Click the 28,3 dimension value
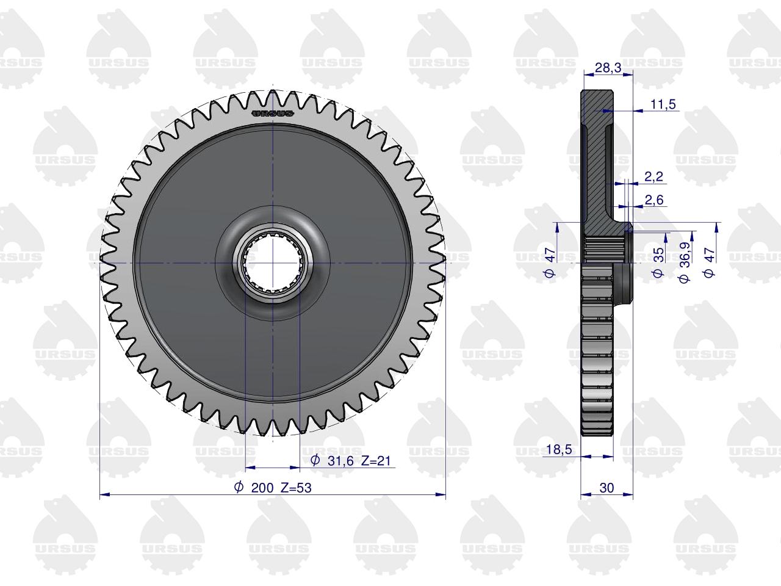(x=608, y=68)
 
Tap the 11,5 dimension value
(x=663, y=104)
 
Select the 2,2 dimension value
(x=654, y=176)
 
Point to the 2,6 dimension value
(x=654, y=200)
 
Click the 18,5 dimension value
(x=559, y=449)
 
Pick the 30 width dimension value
(x=606, y=488)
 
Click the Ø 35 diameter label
(x=658, y=262)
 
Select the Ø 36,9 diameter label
(x=684, y=262)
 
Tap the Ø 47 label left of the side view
(x=550, y=262)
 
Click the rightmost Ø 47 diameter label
(x=709, y=262)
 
